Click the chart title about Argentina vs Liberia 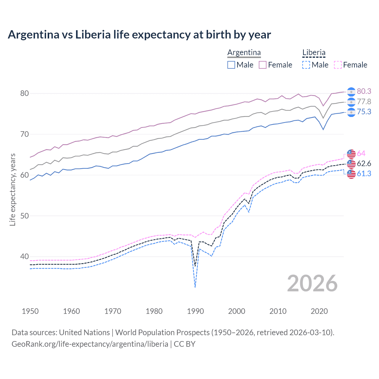[x=139, y=35]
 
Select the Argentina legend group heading [x=244, y=53]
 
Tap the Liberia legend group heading [x=314, y=53]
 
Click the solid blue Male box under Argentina [x=231, y=65]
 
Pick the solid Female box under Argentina [x=263, y=65]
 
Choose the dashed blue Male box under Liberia [x=306, y=65]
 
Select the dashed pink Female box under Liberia [x=338, y=65]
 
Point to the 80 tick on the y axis [x=24, y=93]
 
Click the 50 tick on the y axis [x=24, y=216]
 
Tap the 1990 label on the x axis [x=195, y=311]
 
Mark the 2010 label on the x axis [x=278, y=311]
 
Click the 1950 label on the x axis [x=30, y=311]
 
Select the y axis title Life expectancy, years [x=13, y=189]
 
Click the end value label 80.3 [x=364, y=91]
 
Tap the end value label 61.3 [x=364, y=174]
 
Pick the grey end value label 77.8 [x=364, y=102]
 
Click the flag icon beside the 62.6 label [x=351, y=164]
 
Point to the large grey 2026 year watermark [x=312, y=283]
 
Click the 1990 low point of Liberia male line [x=195, y=287]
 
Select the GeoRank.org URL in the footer [x=90, y=344]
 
